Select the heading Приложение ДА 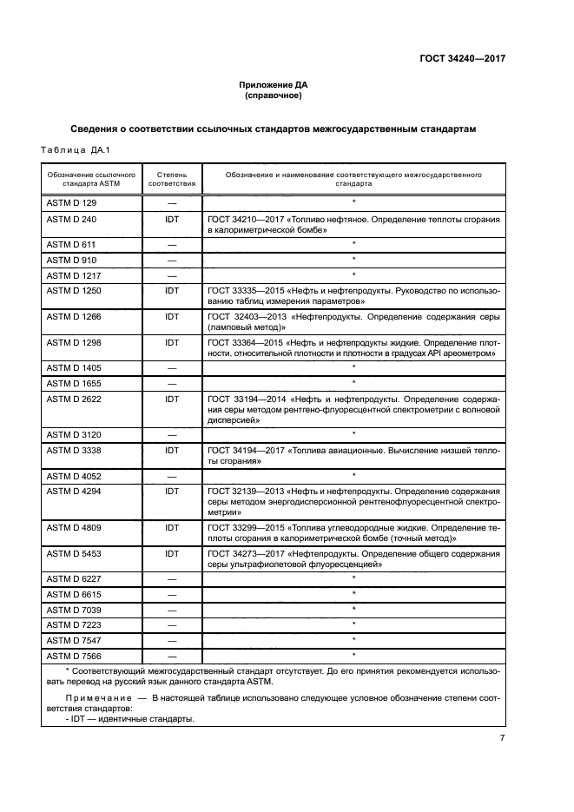[274, 85]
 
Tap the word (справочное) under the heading [274, 96]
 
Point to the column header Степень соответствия [172, 179]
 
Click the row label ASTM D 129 [70, 201]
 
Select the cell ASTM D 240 [70, 220]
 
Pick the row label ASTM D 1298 [72, 343]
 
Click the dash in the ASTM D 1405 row [172, 367]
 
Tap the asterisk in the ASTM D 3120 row [353, 433]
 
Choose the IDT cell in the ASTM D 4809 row [172, 526]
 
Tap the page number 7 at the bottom [502, 738]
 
